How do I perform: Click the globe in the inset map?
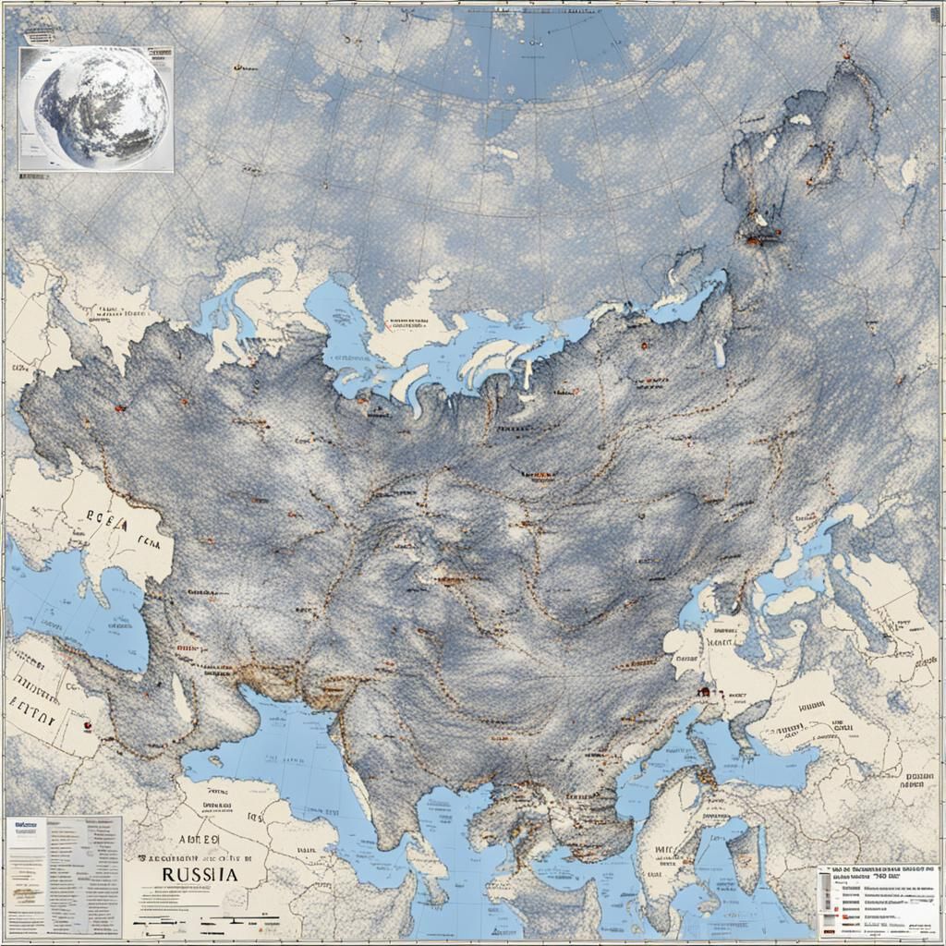pos(101,108)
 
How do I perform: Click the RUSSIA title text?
pos(195,872)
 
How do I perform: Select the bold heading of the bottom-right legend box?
pos(878,871)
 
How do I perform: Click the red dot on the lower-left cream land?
pos(84,726)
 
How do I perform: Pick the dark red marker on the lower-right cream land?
pos(704,689)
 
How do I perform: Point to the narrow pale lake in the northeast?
pos(718,351)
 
